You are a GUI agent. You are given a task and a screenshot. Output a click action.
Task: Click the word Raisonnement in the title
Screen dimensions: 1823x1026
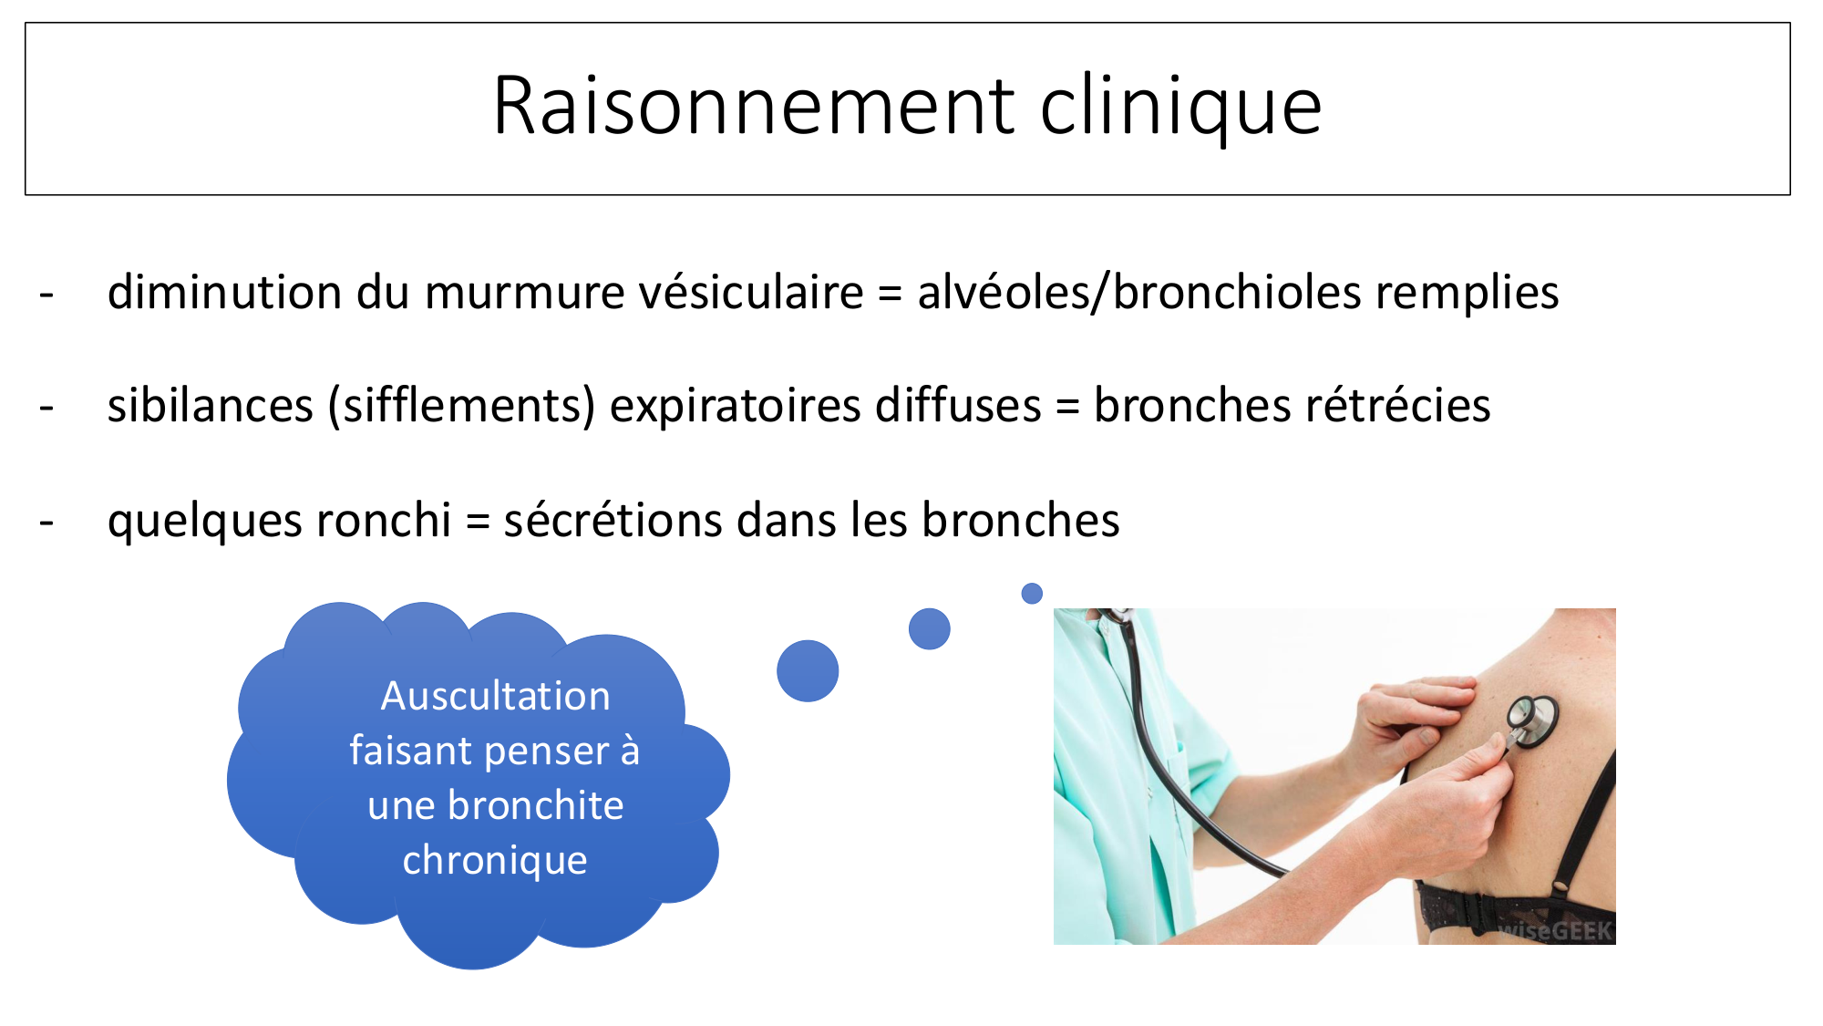(x=754, y=106)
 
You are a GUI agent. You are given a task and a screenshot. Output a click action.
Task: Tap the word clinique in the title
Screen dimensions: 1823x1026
(x=1181, y=108)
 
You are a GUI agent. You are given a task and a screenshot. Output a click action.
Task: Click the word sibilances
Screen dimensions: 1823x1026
(x=211, y=406)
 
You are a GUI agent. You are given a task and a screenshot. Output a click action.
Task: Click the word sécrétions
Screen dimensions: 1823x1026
(x=613, y=520)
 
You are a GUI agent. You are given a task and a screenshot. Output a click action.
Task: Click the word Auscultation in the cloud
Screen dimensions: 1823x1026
(x=495, y=696)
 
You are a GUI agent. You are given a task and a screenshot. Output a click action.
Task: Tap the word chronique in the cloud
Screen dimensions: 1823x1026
(x=495, y=861)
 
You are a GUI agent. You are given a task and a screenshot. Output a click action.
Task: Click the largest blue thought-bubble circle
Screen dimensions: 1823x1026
(x=808, y=671)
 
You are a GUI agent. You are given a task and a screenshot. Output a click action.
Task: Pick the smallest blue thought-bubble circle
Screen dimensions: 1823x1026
(x=1032, y=594)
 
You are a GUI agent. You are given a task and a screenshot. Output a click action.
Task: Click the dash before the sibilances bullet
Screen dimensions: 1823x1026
(x=46, y=408)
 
